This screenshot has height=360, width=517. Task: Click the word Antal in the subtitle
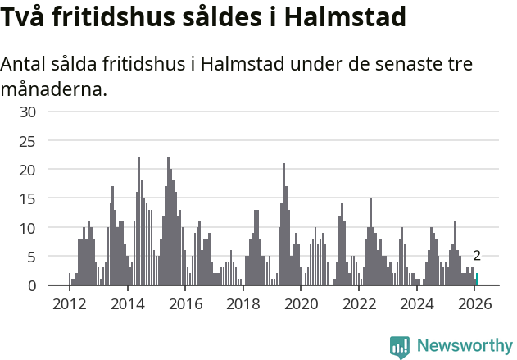click(27, 64)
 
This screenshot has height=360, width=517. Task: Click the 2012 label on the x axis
click(69, 304)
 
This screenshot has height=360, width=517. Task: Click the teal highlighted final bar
click(478, 280)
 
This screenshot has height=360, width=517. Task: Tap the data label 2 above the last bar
click(477, 256)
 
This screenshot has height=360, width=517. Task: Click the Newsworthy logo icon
click(400, 347)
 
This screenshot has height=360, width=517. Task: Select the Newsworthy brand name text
click(465, 346)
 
